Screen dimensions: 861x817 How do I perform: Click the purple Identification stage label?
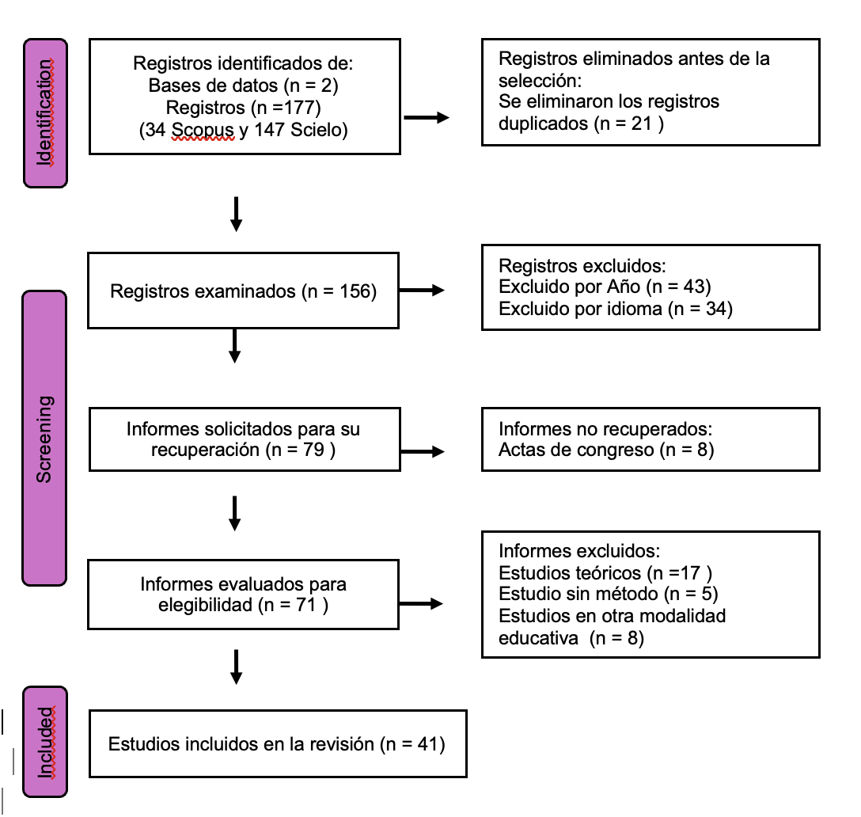click(46, 113)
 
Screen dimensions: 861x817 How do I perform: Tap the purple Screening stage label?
click(44, 439)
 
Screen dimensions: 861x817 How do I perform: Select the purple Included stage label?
click(45, 742)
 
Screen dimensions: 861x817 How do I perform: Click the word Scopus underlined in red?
click(203, 130)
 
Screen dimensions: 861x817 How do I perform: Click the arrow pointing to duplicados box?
click(427, 117)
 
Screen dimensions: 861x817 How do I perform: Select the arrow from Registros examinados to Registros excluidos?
click(422, 290)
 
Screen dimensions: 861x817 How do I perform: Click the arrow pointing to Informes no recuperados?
click(423, 451)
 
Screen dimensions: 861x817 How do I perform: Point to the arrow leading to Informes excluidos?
click(421, 604)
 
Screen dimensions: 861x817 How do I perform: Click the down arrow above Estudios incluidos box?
click(236, 667)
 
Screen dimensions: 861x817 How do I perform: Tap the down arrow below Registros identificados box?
click(236, 215)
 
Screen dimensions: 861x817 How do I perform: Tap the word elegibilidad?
click(206, 605)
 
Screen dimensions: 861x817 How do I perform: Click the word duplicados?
click(544, 123)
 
